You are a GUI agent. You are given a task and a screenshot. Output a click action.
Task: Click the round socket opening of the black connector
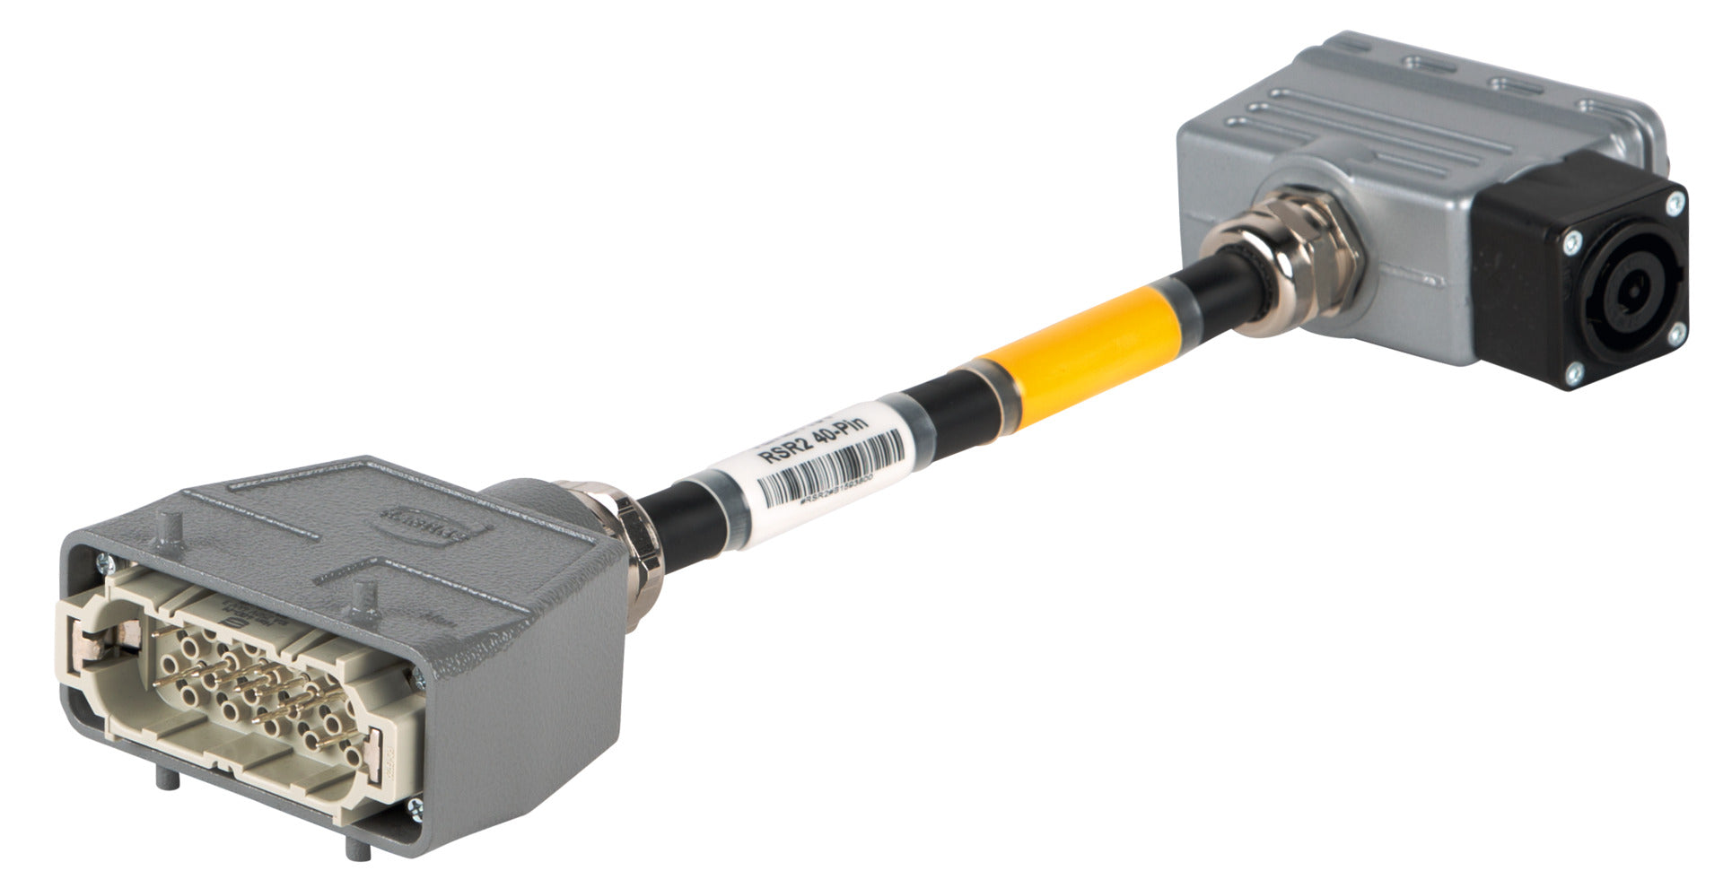(1622, 292)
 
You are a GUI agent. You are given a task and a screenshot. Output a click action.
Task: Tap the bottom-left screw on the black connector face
(1572, 372)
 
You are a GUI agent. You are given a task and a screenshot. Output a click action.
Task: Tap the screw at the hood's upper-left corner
(103, 562)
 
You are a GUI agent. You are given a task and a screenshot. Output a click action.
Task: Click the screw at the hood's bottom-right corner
(415, 808)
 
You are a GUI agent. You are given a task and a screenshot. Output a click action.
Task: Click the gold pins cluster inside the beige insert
(251, 691)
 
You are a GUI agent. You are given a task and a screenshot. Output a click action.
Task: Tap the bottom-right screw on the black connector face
(1675, 335)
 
